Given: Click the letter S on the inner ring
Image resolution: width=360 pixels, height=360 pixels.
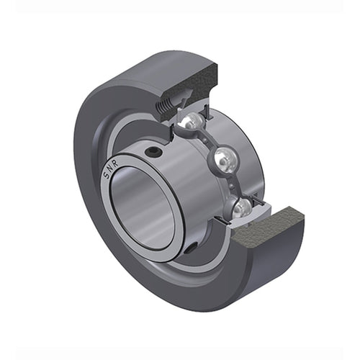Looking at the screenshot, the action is click(106, 174).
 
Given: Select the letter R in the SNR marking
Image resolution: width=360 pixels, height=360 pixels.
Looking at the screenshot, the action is click(116, 163).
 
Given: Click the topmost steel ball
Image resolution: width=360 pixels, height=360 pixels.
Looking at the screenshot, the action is click(192, 120).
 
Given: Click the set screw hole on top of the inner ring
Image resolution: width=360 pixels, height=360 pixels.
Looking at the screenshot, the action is click(153, 151).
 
